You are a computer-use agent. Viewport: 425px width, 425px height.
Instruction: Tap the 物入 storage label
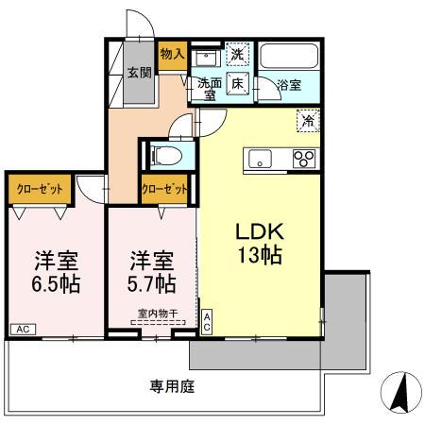point(171,55)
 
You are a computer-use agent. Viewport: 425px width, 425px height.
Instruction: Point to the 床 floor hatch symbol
point(238,83)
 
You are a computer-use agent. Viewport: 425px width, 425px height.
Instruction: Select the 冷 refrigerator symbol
point(306,120)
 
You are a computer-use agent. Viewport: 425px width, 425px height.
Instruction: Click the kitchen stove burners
point(303,159)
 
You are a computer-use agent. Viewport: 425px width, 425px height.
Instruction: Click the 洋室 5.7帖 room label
point(151,270)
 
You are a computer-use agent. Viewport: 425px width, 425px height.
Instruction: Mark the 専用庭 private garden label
point(172,385)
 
